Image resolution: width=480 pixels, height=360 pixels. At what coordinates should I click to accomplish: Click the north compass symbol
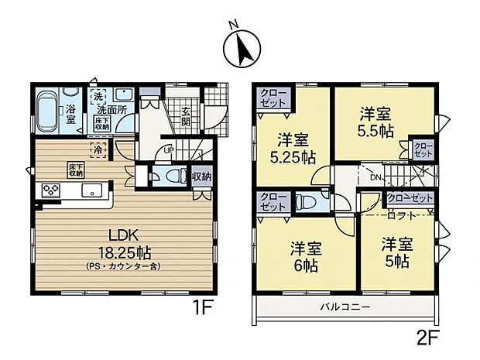point(240,50)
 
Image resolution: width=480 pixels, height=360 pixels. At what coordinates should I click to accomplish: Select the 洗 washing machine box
point(99,97)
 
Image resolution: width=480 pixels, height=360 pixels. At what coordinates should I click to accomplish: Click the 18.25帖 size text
point(120,252)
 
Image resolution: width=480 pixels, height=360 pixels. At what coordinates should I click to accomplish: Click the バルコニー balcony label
point(345,307)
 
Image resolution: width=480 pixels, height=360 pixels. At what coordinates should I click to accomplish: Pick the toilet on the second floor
point(307,202)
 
